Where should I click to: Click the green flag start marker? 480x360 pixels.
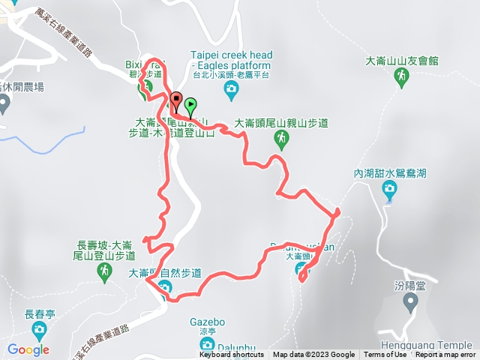[x=190, y=106]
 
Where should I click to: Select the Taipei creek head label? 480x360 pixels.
[x=232, y=55]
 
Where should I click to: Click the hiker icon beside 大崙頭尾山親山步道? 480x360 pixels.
[x=281, y=138]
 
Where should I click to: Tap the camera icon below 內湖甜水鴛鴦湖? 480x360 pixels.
[x=389, y=193]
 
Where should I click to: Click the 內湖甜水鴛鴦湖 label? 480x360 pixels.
[x=390, y=173]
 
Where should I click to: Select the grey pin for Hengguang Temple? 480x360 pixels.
[x=410, y=302]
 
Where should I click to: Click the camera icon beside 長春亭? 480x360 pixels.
[x=39, y=331]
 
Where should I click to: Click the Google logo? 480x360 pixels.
[x=28, y=349]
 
